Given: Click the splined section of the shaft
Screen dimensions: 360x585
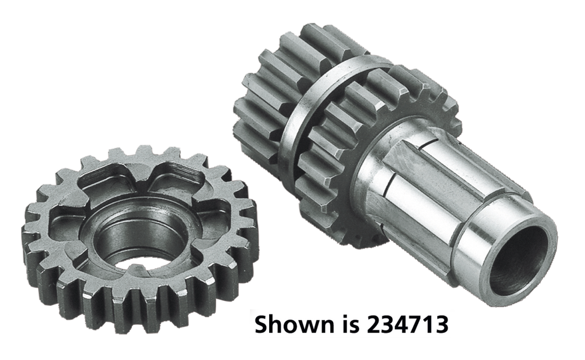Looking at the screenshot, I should [x=419, y=185].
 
